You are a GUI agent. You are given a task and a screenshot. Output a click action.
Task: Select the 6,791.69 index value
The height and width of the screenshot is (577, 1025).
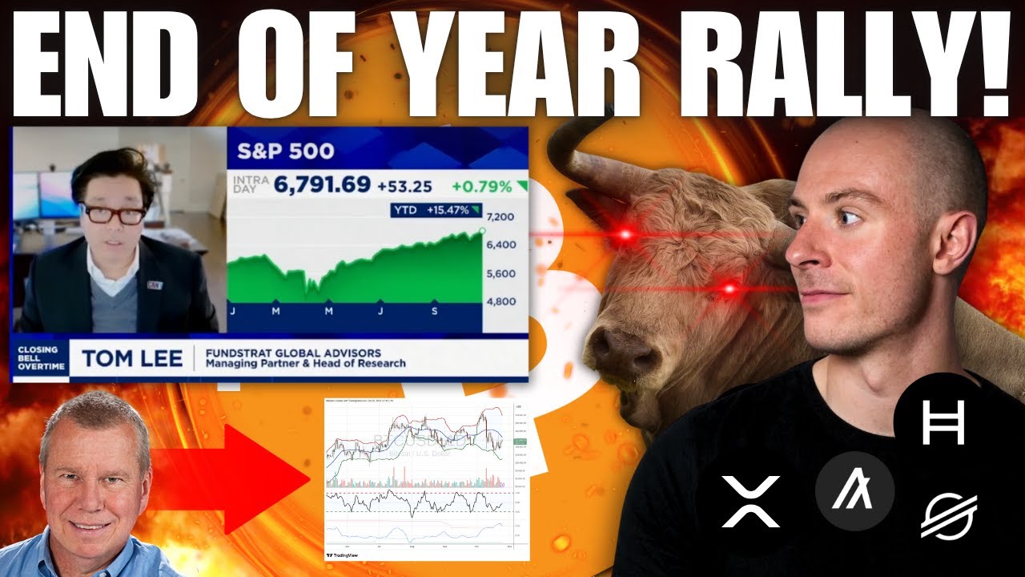click(323, 186)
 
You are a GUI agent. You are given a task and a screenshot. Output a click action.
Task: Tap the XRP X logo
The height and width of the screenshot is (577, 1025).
click(750, 502)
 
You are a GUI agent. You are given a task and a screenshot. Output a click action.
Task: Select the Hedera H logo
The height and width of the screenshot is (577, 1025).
click(943, 422)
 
